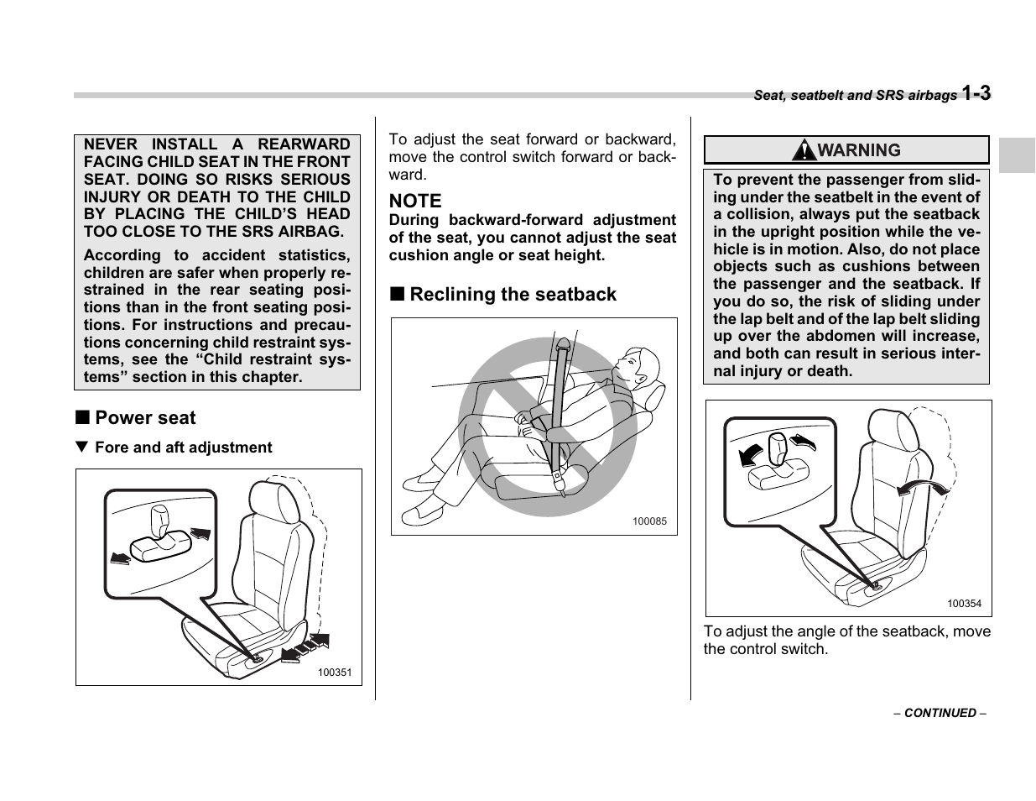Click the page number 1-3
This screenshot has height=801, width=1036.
coord(976,93)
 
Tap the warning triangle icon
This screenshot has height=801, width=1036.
coord(804,150)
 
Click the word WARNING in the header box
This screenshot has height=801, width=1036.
coord(859,150)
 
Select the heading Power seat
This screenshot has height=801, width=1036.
coord(145,418)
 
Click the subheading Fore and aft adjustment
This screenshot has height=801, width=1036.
coord(183,448)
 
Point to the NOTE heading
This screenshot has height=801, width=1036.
coord(414,201)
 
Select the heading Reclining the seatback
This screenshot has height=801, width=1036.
coord(513,295)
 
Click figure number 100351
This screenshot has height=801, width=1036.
coord(334,672)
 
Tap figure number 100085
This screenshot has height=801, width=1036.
coord(648,521)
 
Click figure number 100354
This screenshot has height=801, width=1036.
coord(964,604)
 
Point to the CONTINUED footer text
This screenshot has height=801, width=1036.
coord(940,713)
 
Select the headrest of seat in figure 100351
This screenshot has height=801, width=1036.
coord(274,501)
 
